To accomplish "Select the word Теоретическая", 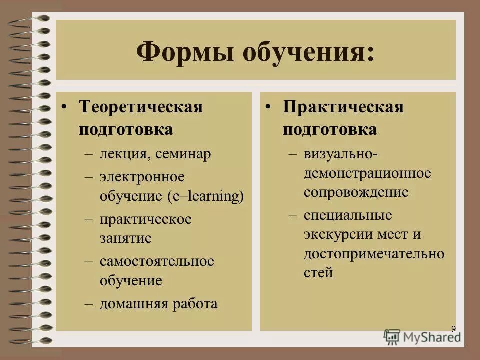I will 141,107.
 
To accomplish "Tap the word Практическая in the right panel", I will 343,107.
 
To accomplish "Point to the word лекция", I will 123,154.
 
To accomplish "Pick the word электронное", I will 142,177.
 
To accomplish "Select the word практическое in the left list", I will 145,219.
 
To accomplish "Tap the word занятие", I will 125,238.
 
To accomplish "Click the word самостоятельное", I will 156,261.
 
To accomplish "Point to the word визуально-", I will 340,154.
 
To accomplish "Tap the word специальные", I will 347,215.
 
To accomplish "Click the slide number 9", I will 453,328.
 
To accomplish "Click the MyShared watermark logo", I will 422,336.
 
